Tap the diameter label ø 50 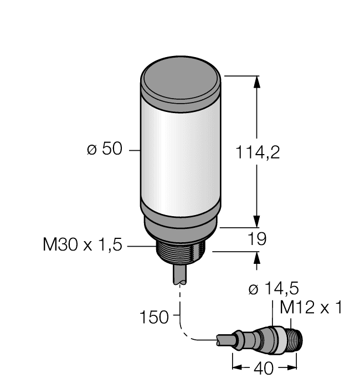105,150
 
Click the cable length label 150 155,318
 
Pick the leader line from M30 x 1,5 141,245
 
